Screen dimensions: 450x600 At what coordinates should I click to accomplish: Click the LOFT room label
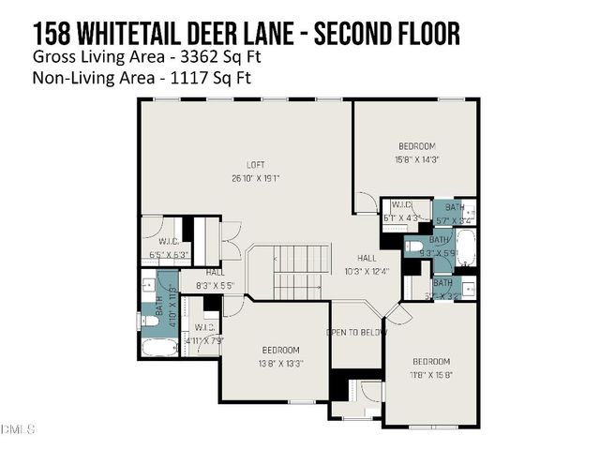coord(243,165)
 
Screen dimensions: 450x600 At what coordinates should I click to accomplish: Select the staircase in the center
coord(301,272)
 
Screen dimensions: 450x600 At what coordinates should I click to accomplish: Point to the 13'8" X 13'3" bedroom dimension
coord(280,363)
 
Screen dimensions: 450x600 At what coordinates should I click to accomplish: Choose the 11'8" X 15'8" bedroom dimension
coord(431,373)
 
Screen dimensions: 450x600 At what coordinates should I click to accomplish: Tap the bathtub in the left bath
coord(159,348)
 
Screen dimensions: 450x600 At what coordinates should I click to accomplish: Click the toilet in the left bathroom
coord(149,320)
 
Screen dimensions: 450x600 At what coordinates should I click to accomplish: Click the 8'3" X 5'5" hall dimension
coord(214,285)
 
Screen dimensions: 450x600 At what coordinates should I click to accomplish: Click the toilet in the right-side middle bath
coord(414,247)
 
